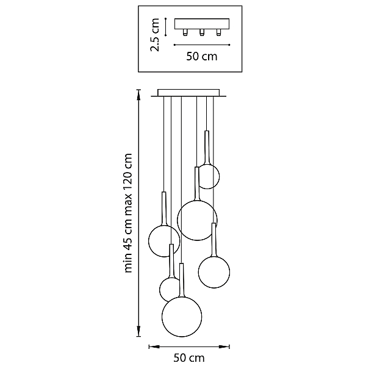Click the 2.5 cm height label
pos(155,35)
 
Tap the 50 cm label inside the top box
pos(202,57)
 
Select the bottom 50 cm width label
pos(189,357)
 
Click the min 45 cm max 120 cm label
pos(128,213)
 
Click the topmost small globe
pos(219,176)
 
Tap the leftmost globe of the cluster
pos(149,241)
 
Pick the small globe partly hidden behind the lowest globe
pos(160,289)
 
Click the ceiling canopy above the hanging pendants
pos(188,93)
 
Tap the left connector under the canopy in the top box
pos(185,32)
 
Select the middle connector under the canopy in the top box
pos(202,32)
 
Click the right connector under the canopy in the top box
pos(218,32)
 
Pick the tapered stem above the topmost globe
pos(207,148)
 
